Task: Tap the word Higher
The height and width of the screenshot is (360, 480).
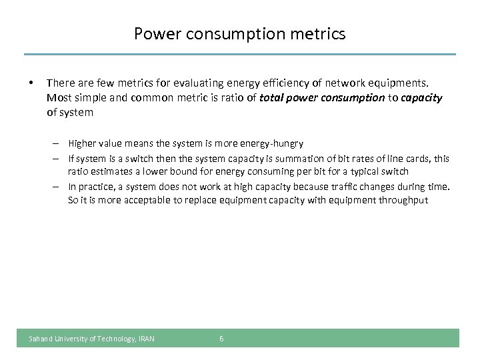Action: [81, 143]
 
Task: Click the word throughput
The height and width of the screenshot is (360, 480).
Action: [403, 201]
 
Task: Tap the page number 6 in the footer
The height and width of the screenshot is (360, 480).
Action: [221, 339]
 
